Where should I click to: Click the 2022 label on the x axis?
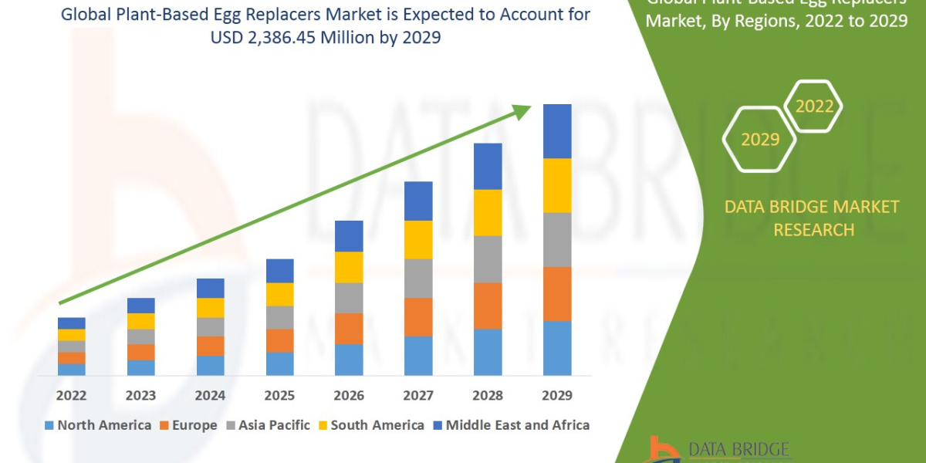[71, 396]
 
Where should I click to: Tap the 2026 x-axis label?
[349, 396]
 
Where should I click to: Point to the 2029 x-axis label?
[557, 396]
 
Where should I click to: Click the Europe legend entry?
[189, 425]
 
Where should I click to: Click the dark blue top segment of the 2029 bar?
[557, 131]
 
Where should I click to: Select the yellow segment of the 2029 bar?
[557, 185]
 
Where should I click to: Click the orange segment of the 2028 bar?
[488, 306]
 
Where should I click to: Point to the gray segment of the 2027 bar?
[418, 278]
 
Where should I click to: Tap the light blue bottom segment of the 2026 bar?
[349, 360]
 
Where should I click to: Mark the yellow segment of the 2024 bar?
[211, 307]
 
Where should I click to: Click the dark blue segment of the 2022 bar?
[71, 323]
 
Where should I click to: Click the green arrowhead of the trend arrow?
[522, 112]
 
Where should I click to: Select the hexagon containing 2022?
[813, 106]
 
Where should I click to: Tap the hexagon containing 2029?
[759, 140]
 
